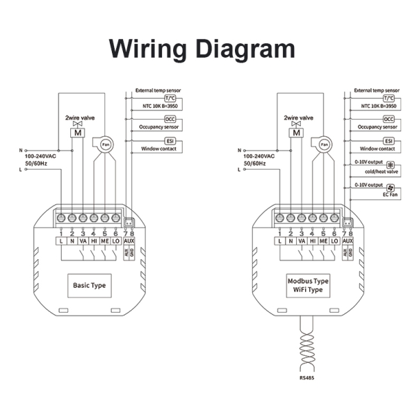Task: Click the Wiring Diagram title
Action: [202, 49]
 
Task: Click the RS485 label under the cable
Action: [306, 379]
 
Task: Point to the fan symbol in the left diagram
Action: [106, 144]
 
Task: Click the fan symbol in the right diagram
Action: [325, 144]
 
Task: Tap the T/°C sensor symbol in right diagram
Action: [388, 99]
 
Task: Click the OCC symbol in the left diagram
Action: [170, 120]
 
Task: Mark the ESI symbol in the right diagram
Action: [389, 141]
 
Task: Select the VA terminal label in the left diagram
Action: [83, 240]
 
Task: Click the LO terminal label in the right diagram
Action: [334, 240]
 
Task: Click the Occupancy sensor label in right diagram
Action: [377, 128]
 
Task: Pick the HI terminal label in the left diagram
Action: [94, 240]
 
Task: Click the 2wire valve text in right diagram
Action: [297, 118]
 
